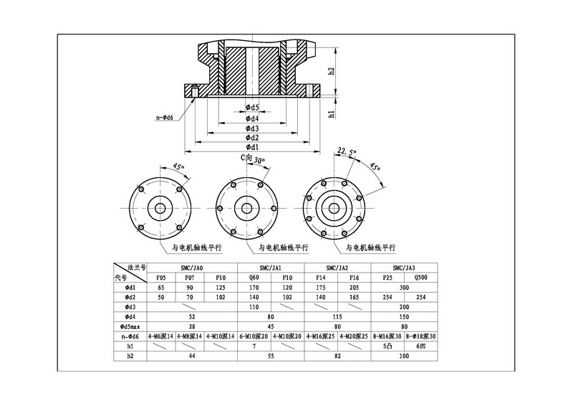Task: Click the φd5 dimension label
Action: [x=251, y=108]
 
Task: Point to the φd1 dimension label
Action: [x=251, y=147]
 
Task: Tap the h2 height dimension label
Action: [x=332, y=72]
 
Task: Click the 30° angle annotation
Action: [x=259, y=161]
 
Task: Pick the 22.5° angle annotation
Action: [x=347, y=152]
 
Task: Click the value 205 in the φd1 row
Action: [x=353, y=286]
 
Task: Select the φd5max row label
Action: [x=130, y=326]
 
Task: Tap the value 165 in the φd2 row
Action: [x=353, y=296]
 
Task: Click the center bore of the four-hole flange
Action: [x=160, y=209]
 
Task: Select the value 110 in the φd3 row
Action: [x=253, y=306]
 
